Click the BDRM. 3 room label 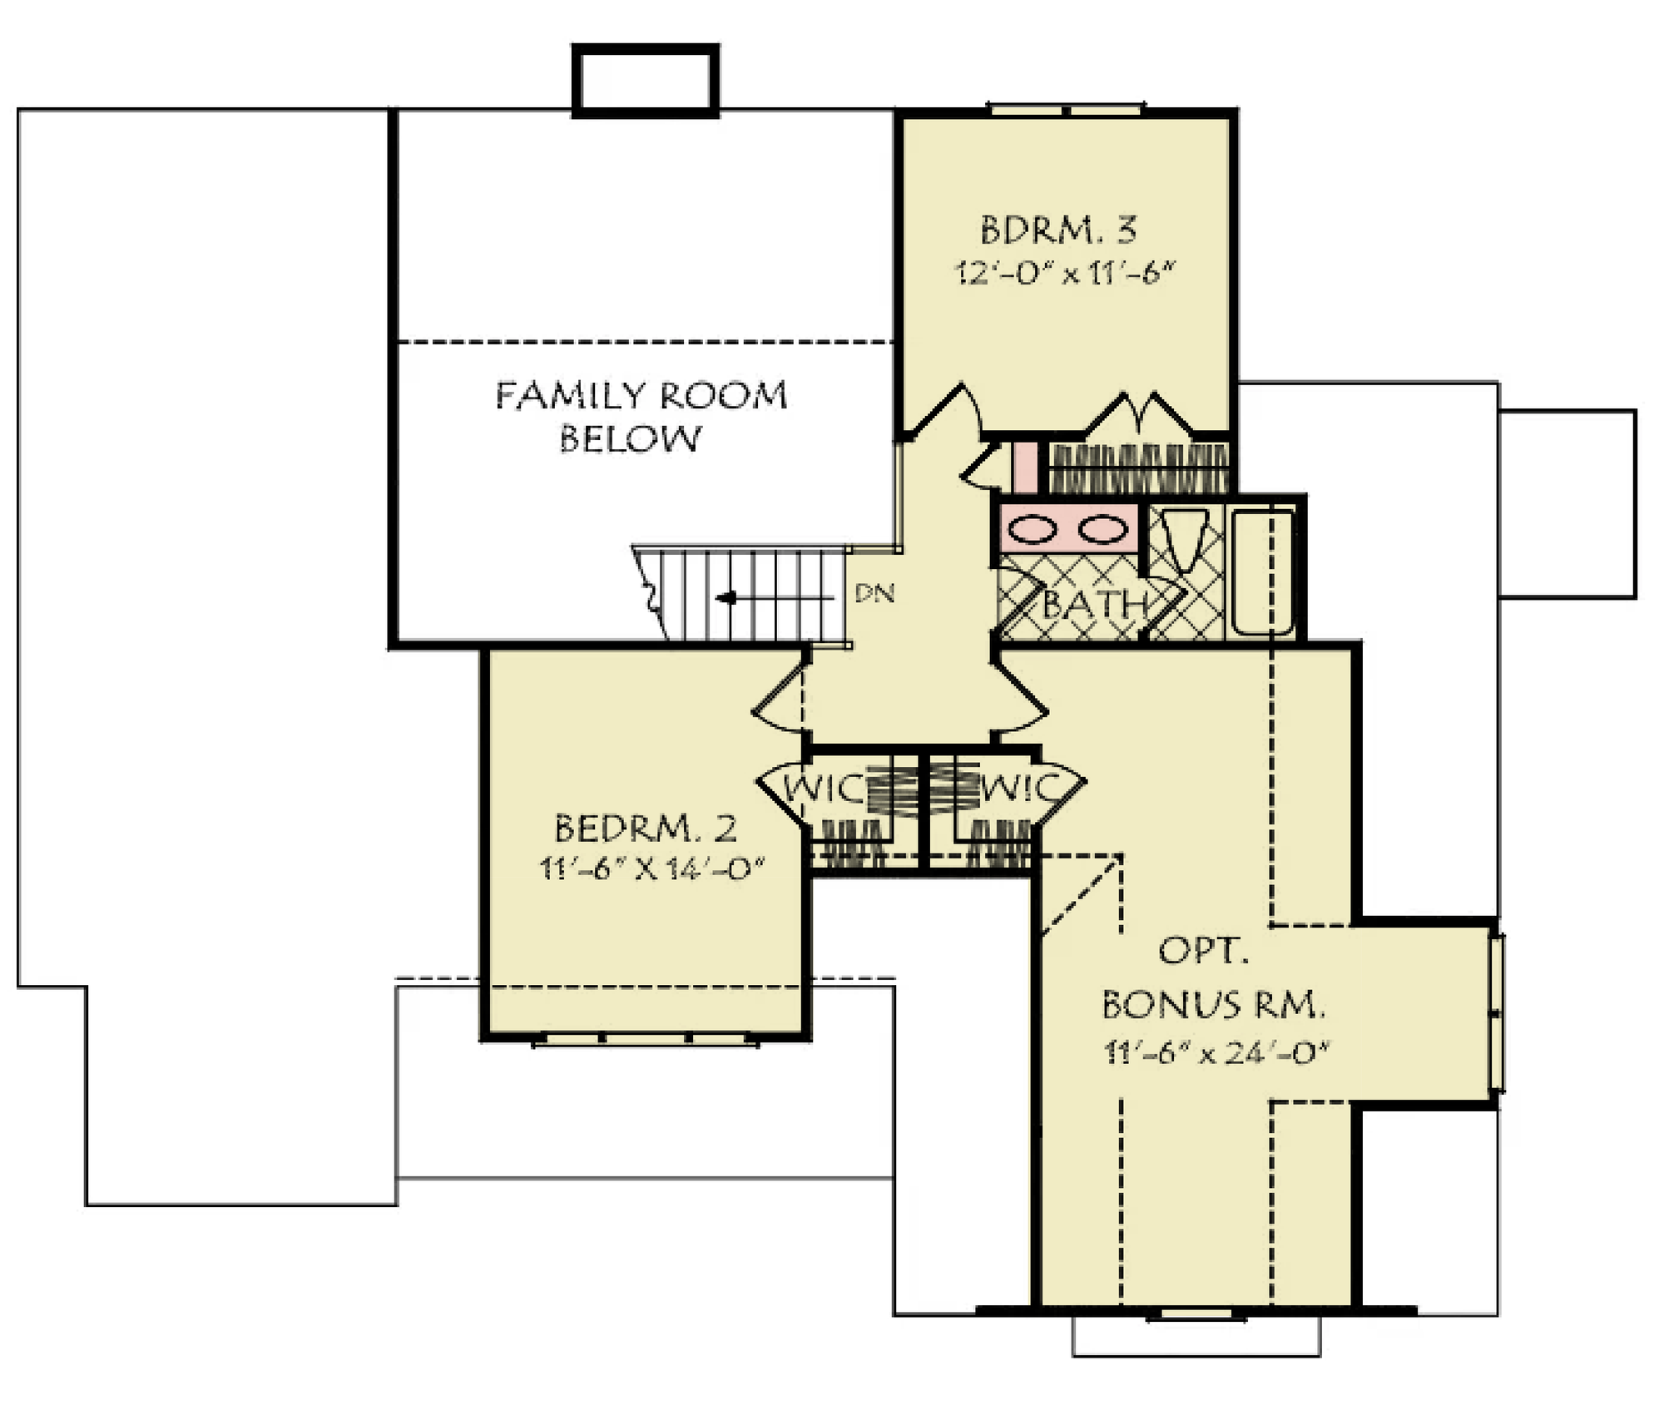pyautogui.click(x=1058, y=230)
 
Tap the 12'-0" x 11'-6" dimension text pyautogui.click(x=1064, y=272)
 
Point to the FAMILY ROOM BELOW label pyautogui.click(x=641, y=416)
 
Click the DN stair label pyautogui.click(x=874, y=593)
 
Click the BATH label pyautogui.click(x=1094, y=605)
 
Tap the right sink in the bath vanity pyautogui.click(x=1102, y=529)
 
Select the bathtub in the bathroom pyautogui.click(x=1263, y=571)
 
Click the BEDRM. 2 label pyautogui.click(x=646, y=828)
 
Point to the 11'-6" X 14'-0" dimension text pyautogui.click(x=651, y=868)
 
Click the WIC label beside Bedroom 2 pyautogui.click(x=824, y=789)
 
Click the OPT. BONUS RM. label pyautogui.click(x=1213, y=977)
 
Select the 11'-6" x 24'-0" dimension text pyautogui.click(x=1216, y=1052)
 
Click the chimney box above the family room pyautogui.click(x=646, y=81)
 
